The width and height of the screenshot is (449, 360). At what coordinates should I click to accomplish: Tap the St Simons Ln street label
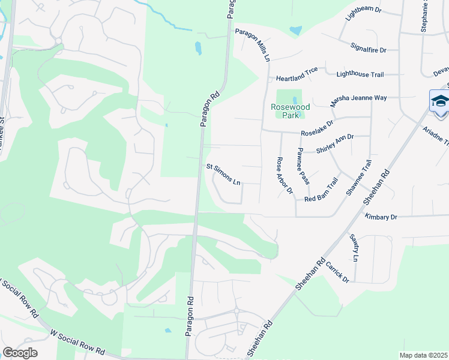pos(223,174)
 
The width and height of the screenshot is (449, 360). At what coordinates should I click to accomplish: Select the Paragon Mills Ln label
pos(253,43)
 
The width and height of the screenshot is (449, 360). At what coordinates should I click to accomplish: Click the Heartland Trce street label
pos(297,79)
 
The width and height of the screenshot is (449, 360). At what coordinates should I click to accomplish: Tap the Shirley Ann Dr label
pos(335,145)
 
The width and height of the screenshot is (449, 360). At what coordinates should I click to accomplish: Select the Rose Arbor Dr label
pos(284,176)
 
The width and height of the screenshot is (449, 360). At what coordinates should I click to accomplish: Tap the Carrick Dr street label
pos(337,271)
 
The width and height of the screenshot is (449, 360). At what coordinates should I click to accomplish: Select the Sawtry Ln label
pos(355,247)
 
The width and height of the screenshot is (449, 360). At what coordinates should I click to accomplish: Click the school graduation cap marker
pos(440,100)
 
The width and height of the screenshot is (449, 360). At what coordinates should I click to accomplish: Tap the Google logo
pos(19,353)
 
